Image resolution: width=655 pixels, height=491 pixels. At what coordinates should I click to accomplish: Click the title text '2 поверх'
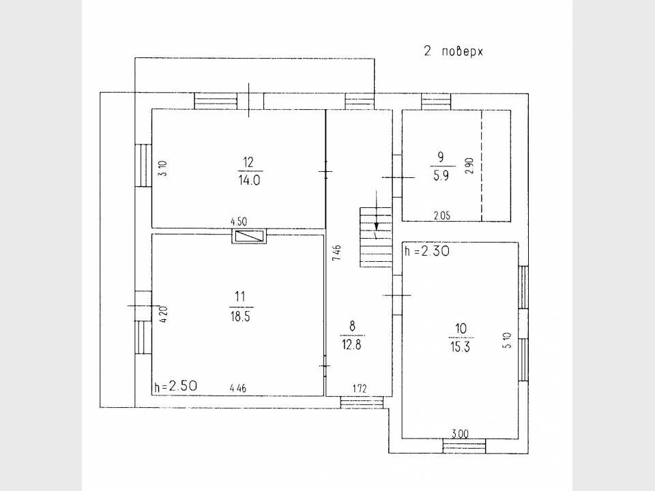[453, 51]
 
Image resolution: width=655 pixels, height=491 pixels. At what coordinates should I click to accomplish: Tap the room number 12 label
[248, 162]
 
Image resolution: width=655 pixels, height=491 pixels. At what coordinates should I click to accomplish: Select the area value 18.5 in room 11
[238, 316]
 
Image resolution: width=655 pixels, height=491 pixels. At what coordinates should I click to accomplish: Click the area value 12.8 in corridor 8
[352, 344]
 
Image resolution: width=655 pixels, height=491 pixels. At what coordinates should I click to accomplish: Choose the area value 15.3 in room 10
[461, 346]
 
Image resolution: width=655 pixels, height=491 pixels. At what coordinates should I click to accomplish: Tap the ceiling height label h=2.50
[176, 386]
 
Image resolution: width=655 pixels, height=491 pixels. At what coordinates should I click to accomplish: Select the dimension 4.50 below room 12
[238, 221]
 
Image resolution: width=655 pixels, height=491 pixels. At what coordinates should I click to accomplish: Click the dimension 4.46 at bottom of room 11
[238, 388]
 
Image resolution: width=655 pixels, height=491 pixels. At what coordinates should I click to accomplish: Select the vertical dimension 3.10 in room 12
[162, 168]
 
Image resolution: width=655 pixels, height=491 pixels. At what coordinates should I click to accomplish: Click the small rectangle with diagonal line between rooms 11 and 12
[250, 237]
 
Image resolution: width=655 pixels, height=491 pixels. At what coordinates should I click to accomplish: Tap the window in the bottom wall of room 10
[464, 447]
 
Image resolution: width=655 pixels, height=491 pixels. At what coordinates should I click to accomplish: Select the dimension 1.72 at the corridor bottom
[360, 389]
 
